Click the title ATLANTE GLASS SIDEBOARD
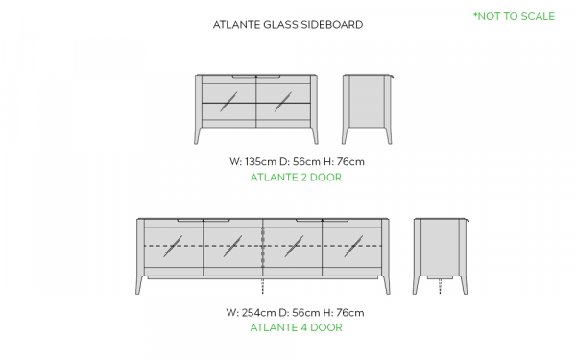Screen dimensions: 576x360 (288, 25)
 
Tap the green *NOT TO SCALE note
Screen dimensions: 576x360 (514, 16)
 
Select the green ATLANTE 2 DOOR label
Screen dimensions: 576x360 (296, 178)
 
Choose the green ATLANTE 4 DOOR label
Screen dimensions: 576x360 (296, 327)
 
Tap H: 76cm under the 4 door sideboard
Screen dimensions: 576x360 (344, 313)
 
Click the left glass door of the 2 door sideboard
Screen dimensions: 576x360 (228, 102)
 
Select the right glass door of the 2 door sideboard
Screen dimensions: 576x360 (283, 102)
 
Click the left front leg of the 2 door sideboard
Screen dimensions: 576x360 (198, 135)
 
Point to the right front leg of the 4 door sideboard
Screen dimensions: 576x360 (386, 285)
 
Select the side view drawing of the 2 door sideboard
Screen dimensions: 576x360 (368, 109)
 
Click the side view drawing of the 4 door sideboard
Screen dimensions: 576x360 (441, 256)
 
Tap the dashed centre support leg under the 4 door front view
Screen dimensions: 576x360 (263, 285)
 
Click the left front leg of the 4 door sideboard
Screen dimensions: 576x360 (139, 285)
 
